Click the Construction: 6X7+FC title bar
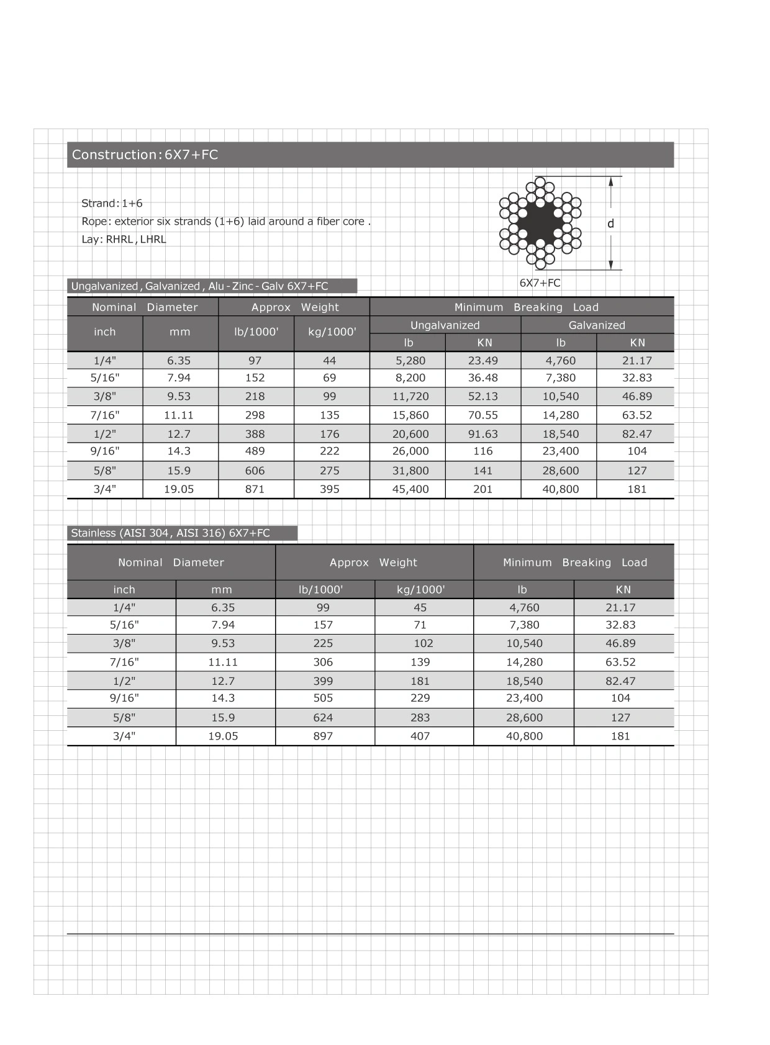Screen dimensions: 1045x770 click(370, 155)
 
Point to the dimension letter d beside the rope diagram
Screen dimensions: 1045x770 click(610, 224)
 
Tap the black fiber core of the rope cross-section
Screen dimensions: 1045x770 click(539, 224)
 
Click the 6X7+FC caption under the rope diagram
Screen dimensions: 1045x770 click(540, 283)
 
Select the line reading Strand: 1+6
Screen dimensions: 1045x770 click(112, 203)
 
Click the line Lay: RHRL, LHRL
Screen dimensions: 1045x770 click(124, 240)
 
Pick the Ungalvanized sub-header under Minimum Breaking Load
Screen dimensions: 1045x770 click(445, 325)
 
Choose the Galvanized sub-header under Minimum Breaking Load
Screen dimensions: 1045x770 click(597, 325)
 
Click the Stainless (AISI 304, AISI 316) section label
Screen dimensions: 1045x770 click(171, 533)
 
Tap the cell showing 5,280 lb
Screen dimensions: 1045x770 click(410, 361)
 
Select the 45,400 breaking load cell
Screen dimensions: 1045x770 click(410, 489)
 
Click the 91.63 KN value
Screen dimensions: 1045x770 click(483, 434)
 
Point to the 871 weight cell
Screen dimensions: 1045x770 click(255, 489)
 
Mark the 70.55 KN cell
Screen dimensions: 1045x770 click(483, 415)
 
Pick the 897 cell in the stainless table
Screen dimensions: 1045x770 click(323, 736)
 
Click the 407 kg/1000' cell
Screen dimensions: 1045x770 click(420, 736)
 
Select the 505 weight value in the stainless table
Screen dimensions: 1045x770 click(323, 698)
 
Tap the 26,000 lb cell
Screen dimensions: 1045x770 click(410, 451)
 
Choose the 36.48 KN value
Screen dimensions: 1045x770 click(483, 378)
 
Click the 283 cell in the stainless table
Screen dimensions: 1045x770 click(420, 718)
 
